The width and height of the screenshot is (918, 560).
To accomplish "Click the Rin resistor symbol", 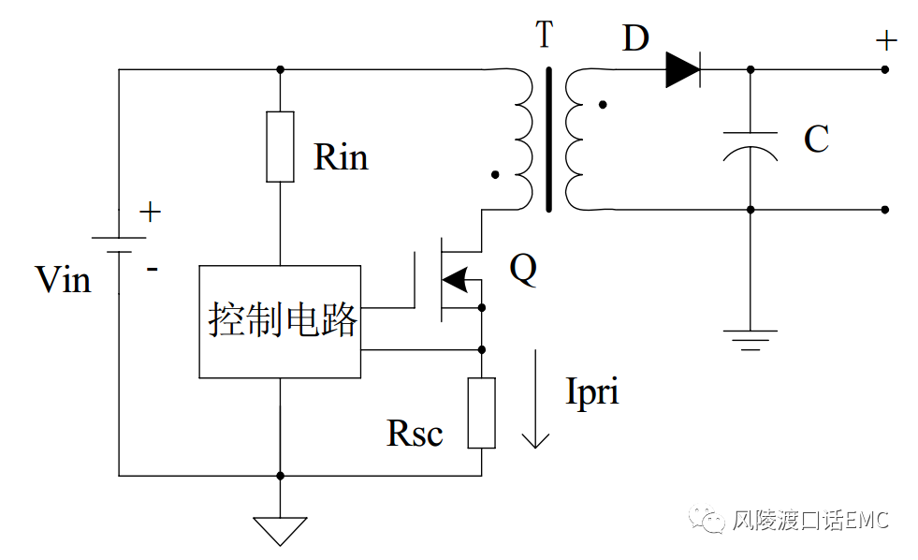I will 280,146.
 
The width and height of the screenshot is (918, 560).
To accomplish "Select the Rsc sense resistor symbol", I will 482,413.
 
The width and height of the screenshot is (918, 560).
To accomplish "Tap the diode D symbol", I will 683,69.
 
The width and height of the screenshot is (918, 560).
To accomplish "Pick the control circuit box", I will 280,321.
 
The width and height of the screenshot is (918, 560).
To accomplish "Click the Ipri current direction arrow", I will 535,399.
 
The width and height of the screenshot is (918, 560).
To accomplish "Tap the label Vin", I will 63,279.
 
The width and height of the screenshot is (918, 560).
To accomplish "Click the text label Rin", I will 341,157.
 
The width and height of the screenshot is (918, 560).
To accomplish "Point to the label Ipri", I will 592,391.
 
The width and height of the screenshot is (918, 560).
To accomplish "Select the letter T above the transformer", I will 545,37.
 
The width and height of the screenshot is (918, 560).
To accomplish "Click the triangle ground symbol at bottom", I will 280,530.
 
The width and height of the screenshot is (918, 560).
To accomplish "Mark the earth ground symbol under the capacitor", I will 750,338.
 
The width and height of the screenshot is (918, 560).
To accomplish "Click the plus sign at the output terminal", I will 885,41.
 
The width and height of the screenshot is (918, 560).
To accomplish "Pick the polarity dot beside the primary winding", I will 495,174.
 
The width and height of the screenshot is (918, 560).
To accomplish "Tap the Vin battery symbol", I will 119,245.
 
